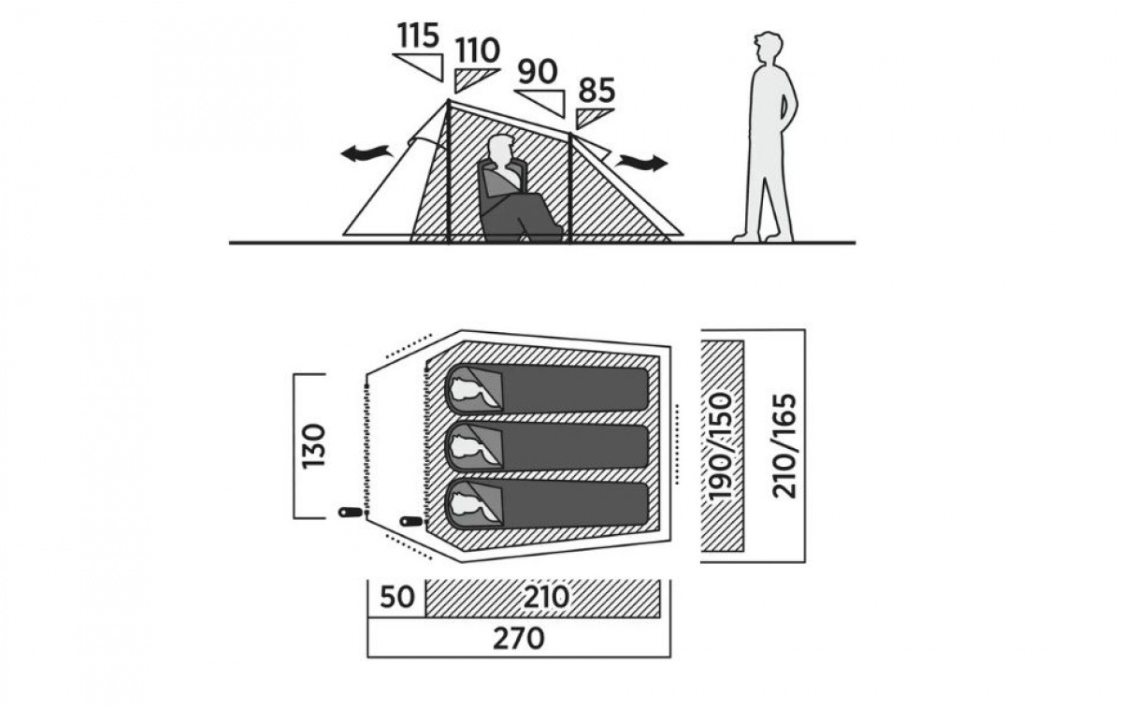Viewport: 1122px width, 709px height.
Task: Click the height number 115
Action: (x=417, y=36)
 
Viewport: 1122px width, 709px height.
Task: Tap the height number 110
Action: (x=477, y=50)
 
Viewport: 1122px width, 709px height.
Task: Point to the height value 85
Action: (x=597, y=91)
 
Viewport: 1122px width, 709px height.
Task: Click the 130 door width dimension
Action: (x=314, y=445)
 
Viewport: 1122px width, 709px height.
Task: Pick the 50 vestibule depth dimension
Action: (x=396, y=597)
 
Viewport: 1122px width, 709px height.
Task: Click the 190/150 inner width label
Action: (x=723, y=446)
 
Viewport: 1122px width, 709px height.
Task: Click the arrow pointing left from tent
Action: (x=365, y=153)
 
